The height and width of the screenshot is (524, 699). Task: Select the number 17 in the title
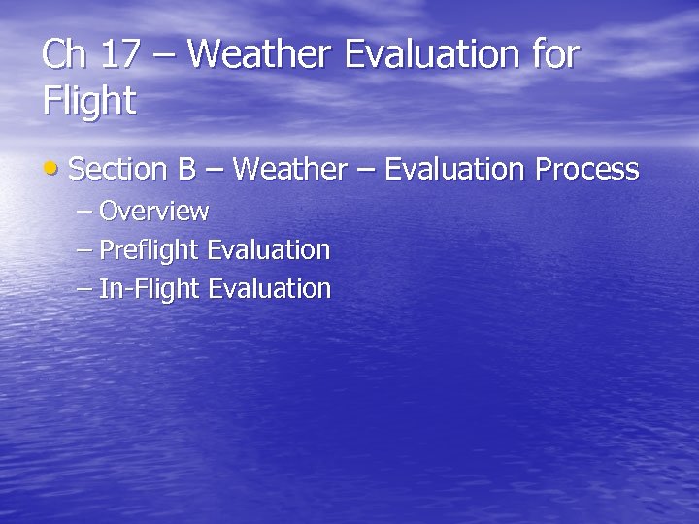tap(120, 54)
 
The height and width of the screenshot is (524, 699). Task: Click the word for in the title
tap(556, 54)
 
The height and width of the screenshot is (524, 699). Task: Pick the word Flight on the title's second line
tap(89, 101)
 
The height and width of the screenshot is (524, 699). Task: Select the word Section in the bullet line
tap(119, 170)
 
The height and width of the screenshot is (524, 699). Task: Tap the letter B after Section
tap(186, 170)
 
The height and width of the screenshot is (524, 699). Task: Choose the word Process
tap(587, 170)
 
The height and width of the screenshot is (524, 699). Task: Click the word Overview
tap(153, 212)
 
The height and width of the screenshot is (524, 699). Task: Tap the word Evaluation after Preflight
tap(269, 250)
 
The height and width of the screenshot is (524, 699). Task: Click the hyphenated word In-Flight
tap(150, 289)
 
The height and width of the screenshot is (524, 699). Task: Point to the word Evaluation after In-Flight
tap(270, 289)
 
